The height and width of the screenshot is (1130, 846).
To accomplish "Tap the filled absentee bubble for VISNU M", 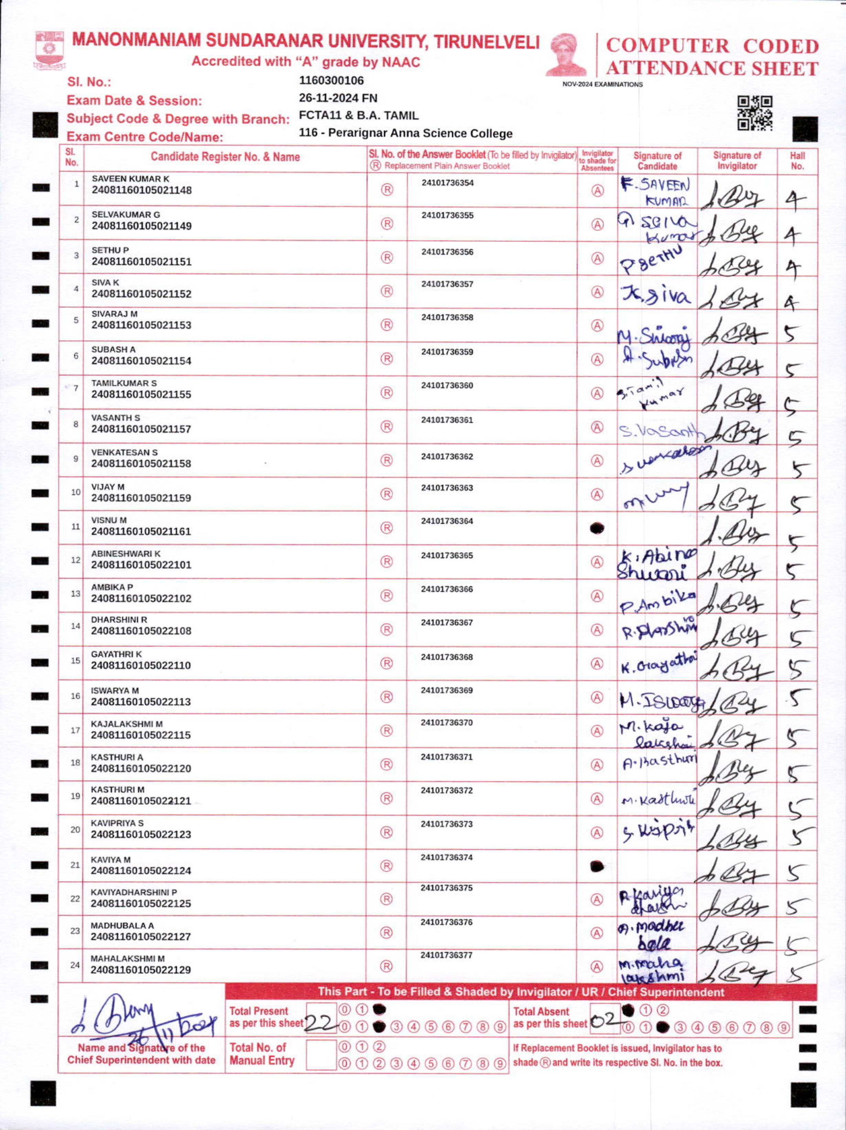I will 597,528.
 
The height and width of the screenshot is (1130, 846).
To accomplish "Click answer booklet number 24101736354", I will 447,183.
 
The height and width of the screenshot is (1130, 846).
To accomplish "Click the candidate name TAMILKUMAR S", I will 124,383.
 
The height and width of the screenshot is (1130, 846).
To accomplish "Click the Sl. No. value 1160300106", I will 331,81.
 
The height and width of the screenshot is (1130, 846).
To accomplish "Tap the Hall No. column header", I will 797,161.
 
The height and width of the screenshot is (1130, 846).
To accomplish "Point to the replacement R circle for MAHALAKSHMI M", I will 387,966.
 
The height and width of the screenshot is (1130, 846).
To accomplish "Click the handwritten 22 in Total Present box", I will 320,1022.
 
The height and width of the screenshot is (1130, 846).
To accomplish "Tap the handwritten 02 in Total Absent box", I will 604,1020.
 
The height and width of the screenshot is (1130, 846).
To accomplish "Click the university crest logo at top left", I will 50,50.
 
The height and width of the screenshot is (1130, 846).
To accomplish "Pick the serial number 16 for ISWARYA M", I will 75,696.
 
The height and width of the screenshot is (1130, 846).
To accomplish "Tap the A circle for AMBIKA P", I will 597,596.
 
